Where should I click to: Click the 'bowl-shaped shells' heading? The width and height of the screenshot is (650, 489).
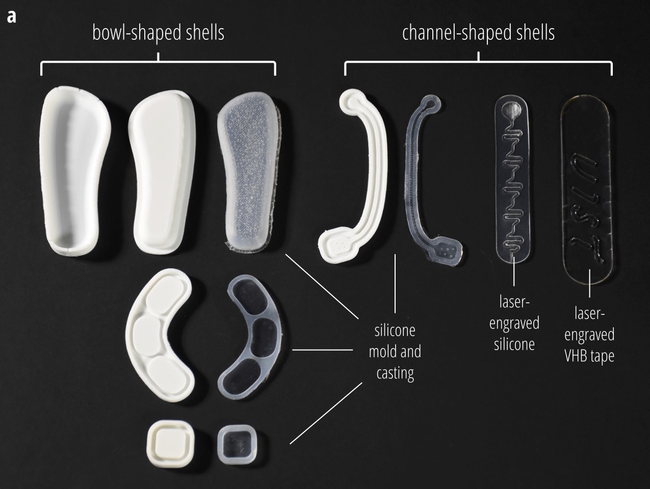(158, 33)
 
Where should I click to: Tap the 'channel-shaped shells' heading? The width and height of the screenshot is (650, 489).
(478, 33)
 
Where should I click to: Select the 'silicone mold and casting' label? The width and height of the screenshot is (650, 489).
(395, 352)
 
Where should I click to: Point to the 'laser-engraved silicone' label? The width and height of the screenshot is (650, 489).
(514, 323)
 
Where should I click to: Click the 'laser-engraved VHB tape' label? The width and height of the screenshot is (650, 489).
(589, 334)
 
